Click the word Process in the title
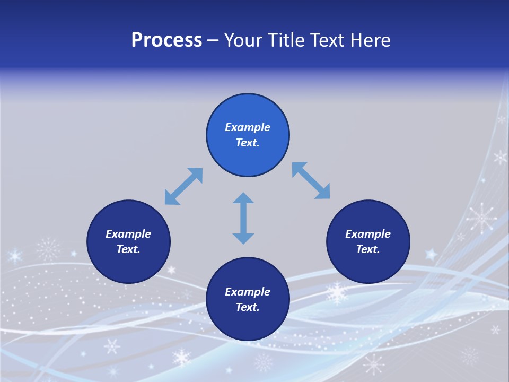click(166, 40)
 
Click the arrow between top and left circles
click(183, 186)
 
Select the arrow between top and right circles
click(311, 181)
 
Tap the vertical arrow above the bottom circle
click(243, 218)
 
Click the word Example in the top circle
click(248, 127)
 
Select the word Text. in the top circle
click(248, 143)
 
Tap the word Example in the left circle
click(128, 234)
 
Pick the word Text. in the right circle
click(368, 249)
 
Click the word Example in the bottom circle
click(248, 292)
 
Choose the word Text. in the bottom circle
click(248, 307)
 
